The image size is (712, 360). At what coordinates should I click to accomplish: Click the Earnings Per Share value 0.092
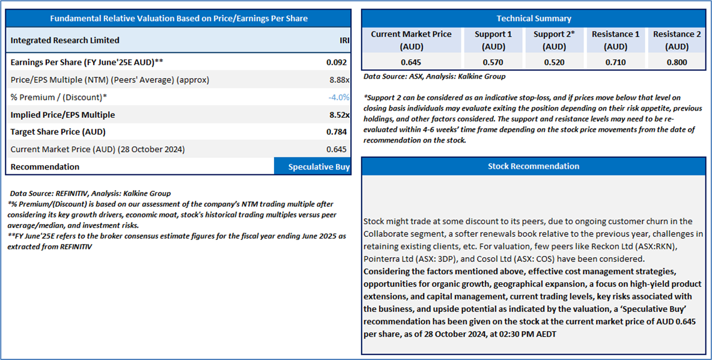pyautogui.click(x=336, y=62)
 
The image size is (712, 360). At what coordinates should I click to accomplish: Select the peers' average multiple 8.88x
pyautogui.click(x=339, y=80)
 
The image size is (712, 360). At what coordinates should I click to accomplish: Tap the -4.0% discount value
pyautogui.click(x=339, y=97)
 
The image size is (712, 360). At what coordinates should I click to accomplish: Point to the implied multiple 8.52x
pyautogui.click(x=339, y=115)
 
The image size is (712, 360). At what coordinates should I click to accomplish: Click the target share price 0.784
pyautogui.click(x=336, y=132)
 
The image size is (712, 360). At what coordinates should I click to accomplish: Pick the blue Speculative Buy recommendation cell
pyautogui.click(x=312, y=166)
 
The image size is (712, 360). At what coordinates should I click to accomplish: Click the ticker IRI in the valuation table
pyautogui.click(x=344, y=40)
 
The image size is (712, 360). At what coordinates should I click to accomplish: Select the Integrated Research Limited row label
pyautogui.click(x=65, y=40)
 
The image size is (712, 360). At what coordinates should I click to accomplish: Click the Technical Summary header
pyautogui.click(x=534, y=19)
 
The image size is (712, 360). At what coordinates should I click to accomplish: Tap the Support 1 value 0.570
pyautogui.click(x=493, y=62)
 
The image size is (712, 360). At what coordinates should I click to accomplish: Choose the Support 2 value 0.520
pyautogui.click(x=554, y=62)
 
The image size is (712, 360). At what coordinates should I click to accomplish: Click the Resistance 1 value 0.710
pyautogui.click(x=615, y=62)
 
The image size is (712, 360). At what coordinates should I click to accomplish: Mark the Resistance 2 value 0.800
pyautogui.click(x=677, y=62)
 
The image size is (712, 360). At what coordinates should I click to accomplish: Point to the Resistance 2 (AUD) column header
pyautogui.click(x=677, y=40)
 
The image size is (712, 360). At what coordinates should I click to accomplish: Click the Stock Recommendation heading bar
pyautogui.click(x=534, y=166)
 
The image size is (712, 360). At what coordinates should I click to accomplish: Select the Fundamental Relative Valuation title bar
pyautogui.click(x=178, y=19)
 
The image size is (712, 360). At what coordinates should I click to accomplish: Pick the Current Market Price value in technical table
pyautogui.click(x=411, y=62)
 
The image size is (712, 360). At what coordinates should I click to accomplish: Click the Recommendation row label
pyautogui.click(x=45, y=166)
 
